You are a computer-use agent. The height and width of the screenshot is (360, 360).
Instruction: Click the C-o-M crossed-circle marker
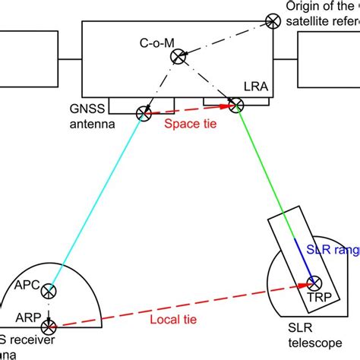coord(178,55)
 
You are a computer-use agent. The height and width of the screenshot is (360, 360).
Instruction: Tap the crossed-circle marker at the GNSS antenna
coord(143,114)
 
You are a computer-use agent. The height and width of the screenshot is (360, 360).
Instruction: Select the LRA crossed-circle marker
coord(235,106)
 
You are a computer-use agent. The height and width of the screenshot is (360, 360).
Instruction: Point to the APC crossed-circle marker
coord(49,291)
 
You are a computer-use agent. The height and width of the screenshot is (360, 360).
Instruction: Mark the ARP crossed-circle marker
coord(49,327)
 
